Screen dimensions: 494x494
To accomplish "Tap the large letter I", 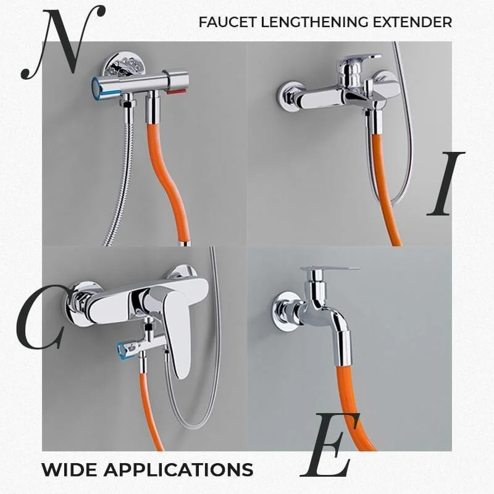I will [x=446, y=183].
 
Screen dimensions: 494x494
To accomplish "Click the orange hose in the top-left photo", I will [x=163, y=179].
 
